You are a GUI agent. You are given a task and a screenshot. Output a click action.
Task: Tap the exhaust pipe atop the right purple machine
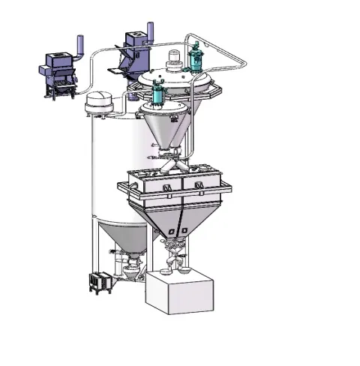tap(148, 29)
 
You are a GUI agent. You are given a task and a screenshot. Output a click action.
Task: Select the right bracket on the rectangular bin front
tap(199, 184)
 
